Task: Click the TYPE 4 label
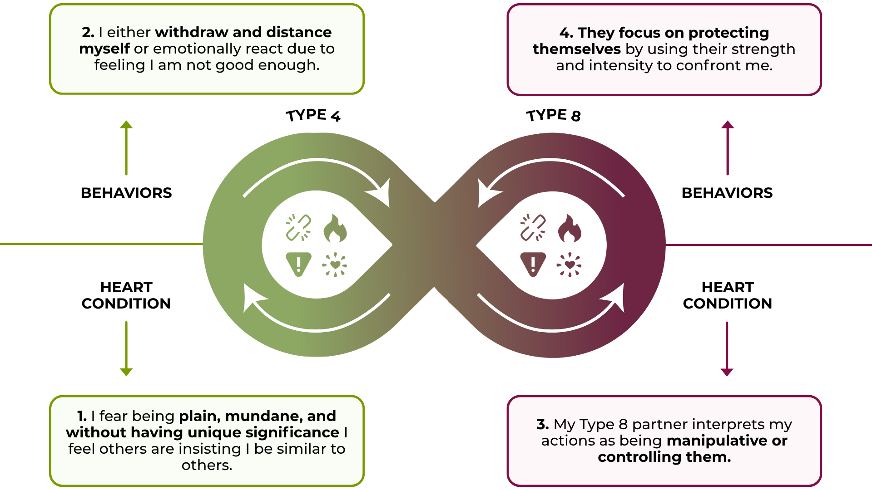[313, 115]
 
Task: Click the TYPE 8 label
[553, 115]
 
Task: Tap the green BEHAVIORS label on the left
[126, 193]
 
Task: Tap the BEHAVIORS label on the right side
[727, 193]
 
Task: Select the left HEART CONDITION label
[126, 295]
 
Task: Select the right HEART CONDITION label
[727, 295]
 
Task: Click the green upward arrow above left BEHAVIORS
[126, 147]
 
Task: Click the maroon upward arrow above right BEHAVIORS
[728, 147]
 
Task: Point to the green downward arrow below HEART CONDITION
[126, 348]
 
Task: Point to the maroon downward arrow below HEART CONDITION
[727, 348]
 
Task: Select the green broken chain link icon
[298, 227]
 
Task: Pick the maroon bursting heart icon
[569, 265]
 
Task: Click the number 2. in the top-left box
[88, 32]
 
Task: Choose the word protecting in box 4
[728, 33]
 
